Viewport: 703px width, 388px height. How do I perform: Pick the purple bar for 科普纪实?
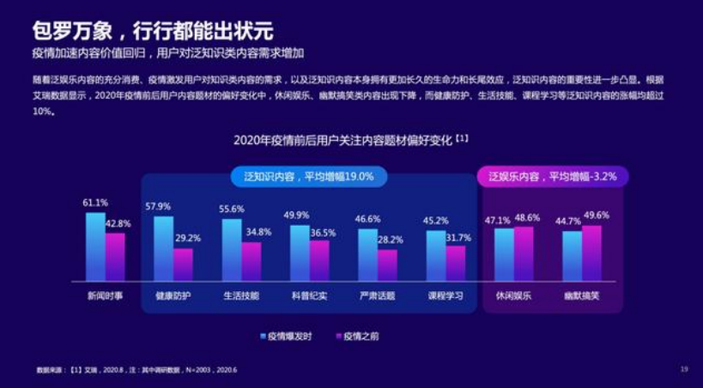pos(319,260)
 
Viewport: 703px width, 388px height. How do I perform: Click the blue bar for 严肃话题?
pos(367,254)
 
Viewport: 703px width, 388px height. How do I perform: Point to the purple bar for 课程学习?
pos(456,263)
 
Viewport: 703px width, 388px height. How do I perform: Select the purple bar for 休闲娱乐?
pos(524,253)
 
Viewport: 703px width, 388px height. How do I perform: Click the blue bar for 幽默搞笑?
pos(572,255)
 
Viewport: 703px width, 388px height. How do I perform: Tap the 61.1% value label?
pos(95,203)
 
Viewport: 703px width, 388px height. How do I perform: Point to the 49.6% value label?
pos(596,215)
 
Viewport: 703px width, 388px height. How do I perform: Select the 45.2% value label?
pos(436,220)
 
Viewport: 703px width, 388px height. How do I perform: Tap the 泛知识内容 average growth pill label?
pos(308,176)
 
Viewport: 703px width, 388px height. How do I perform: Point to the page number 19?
pos(684,369)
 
